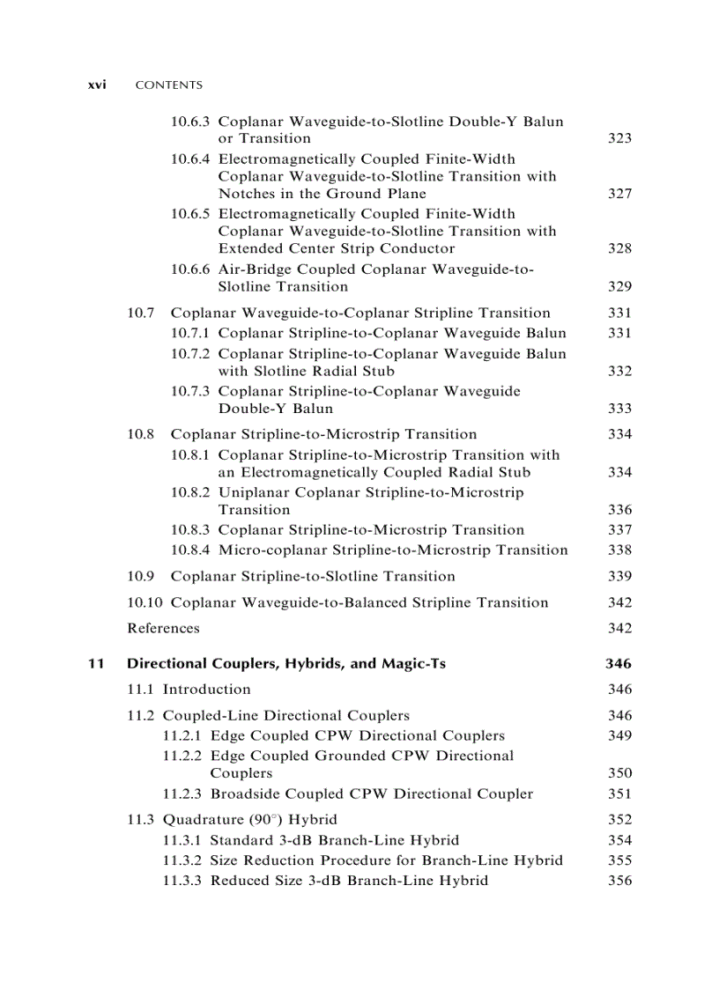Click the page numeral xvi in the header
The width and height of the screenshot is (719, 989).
pos(97,85)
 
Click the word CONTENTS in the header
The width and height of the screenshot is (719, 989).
pos(168,85)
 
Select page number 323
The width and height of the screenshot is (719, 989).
pos(619,138)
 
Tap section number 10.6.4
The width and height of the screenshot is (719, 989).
pos(190,159)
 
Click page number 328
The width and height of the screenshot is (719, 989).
pos(619,248)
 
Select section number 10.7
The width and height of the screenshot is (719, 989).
pos(141,313)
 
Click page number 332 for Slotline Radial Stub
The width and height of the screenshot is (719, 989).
pos(619,371)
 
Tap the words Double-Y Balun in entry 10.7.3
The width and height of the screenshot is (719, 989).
pos(276,409)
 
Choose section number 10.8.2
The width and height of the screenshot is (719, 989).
pos(190,492)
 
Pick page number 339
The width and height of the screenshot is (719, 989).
pos(619,576)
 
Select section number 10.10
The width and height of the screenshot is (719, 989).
pos(145,602)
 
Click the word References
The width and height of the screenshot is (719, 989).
pos(163,628)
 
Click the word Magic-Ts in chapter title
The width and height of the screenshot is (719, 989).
pos(413,663)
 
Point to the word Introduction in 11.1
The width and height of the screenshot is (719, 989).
pos(206,690)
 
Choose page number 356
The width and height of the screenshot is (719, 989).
pos(619,881)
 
